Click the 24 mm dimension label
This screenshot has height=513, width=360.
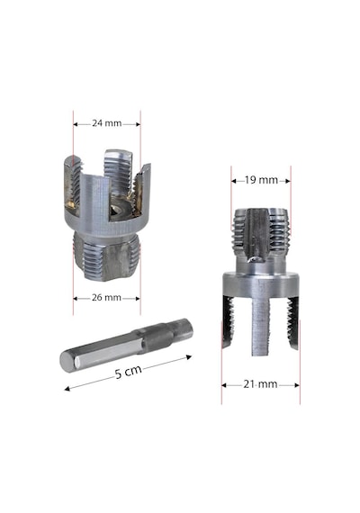[107, 123]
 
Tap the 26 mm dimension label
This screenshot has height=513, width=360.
[107, 298]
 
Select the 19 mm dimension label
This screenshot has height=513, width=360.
[261, 180]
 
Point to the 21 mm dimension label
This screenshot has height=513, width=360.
[260, 384]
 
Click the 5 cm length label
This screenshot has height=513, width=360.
[129, 373]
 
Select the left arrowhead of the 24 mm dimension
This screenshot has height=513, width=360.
[76, 124]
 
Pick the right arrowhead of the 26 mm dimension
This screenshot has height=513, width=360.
[138, 299]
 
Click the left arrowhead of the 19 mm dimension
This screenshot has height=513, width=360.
[234, 181]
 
